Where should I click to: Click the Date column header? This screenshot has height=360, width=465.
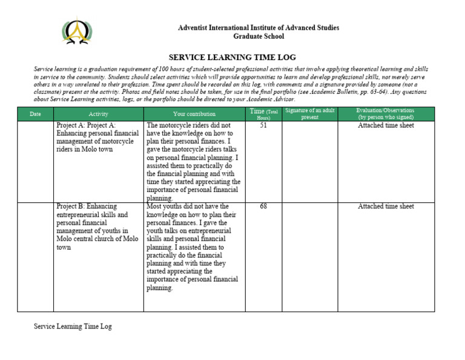point(35,114)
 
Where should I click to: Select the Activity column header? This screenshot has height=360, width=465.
point(98,114)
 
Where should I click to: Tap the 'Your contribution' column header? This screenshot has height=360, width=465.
point(194,114)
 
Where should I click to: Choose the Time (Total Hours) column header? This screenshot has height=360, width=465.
point(263,113)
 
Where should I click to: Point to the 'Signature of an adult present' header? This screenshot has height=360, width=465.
point(309,113)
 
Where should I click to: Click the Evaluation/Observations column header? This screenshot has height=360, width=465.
point(386,113)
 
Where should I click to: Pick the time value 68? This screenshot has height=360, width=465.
point(263,207)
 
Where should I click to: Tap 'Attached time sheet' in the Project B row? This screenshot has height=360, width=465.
point(386,207)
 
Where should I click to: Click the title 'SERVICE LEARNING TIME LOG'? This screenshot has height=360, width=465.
point(232,58)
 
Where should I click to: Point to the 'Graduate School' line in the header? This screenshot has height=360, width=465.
point(259,36)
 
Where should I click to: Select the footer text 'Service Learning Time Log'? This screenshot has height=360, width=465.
point(73,327)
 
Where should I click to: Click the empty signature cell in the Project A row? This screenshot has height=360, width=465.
point(309,161)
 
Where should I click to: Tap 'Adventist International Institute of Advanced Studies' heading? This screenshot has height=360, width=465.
point(259,28)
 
